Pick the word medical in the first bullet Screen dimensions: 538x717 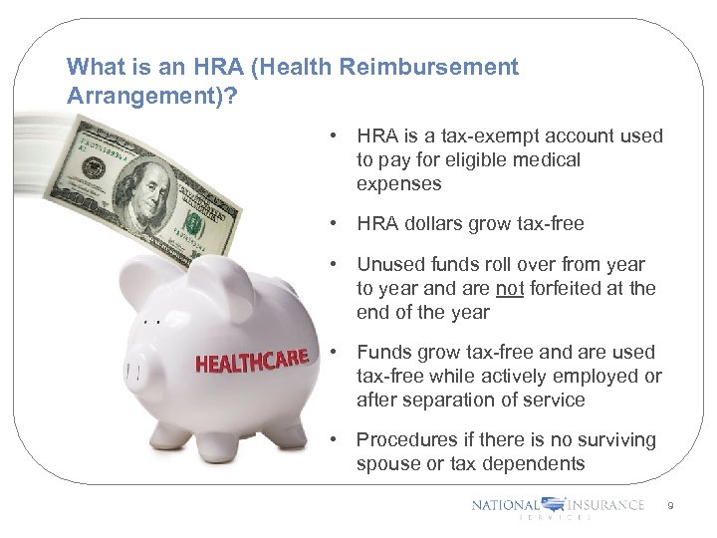coord(548,160)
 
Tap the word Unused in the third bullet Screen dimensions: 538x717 coord(388,265)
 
